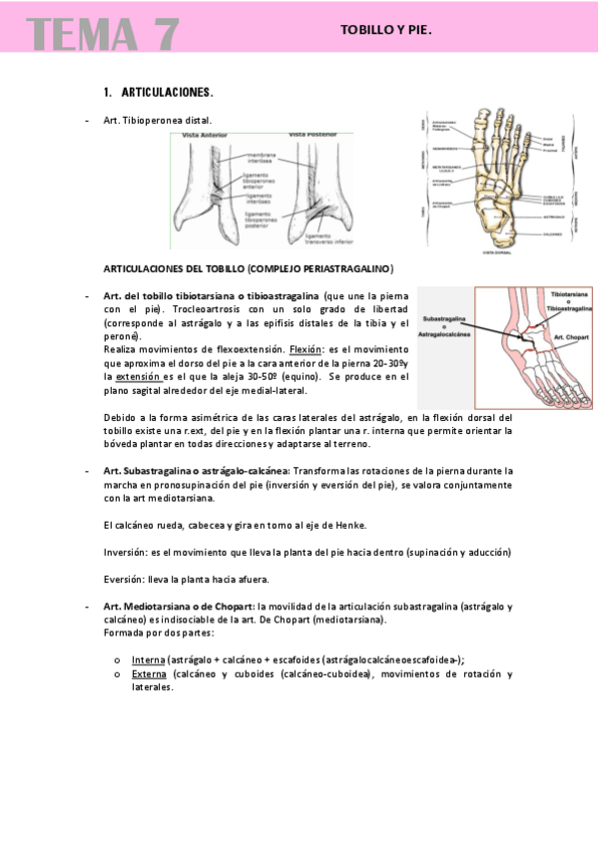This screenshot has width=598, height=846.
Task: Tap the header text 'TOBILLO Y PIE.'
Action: pos(386,30)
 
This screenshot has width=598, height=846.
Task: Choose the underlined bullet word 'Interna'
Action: pos(149,659)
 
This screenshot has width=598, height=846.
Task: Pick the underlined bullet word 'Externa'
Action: pos(150,673)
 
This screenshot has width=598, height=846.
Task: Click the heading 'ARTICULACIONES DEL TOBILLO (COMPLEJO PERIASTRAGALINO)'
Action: pos(235,269)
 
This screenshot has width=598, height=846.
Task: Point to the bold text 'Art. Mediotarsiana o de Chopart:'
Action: pos(179,607)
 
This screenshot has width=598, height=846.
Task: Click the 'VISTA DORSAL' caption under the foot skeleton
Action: pos(496,253)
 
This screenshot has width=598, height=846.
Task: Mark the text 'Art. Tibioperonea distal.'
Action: pos(157,120)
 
